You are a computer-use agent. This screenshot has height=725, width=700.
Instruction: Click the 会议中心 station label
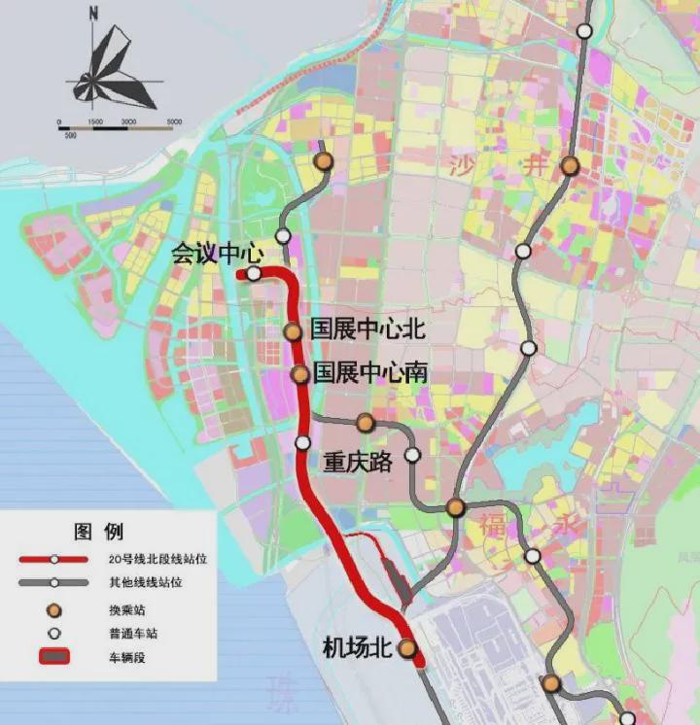click(x=217, y=254)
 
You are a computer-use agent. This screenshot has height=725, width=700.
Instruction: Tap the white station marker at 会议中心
click(x=254, y=274)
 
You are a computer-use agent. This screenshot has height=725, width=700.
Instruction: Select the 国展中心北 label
click(x=367, y=328)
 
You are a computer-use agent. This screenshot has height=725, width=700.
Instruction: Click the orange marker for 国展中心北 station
click(x=293, y=331)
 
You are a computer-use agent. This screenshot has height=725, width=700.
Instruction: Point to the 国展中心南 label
click(x=370, y=372)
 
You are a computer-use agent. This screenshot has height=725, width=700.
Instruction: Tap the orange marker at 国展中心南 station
click(x=300, y=374)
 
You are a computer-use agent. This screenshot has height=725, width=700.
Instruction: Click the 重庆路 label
click(x=358, y=462)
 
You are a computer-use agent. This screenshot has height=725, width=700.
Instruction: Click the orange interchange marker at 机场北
click(x=407, y=648)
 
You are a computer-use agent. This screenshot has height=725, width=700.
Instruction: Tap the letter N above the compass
click(x=93, y=14)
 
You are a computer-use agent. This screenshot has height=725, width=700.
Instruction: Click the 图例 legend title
click(x=98, y=532)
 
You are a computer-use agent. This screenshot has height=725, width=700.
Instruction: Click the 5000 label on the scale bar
click(x=174, y=121)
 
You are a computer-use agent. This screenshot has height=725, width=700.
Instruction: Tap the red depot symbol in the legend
click(x=54, y=657)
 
